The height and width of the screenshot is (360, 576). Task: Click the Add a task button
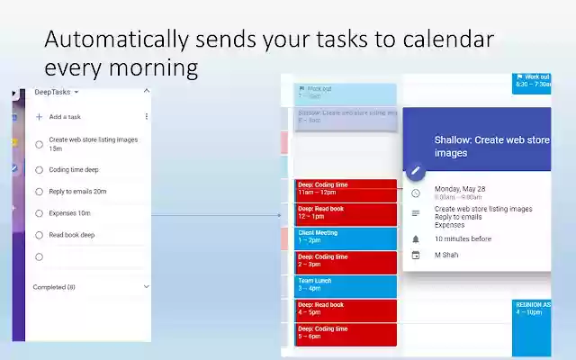(64, 117)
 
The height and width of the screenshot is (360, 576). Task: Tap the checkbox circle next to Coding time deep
(39, 169)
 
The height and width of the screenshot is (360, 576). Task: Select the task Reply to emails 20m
(77, 191)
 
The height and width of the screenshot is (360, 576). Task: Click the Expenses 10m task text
(69, 213)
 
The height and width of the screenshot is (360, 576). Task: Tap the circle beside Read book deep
(39, 235)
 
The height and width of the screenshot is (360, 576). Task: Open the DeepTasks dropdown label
(57, 92)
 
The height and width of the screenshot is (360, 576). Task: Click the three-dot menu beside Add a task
(147, 117)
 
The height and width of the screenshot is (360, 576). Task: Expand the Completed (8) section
(146, 287)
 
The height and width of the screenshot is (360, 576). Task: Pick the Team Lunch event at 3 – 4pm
(346, 285)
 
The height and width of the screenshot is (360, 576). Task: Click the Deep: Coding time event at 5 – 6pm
(346, 333)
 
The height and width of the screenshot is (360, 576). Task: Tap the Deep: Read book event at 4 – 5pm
(346, 310)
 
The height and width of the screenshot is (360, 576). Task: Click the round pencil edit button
(415, 170)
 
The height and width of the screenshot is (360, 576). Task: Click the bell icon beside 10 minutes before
(415, 239)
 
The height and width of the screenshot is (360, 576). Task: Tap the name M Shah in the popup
(449, 255)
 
